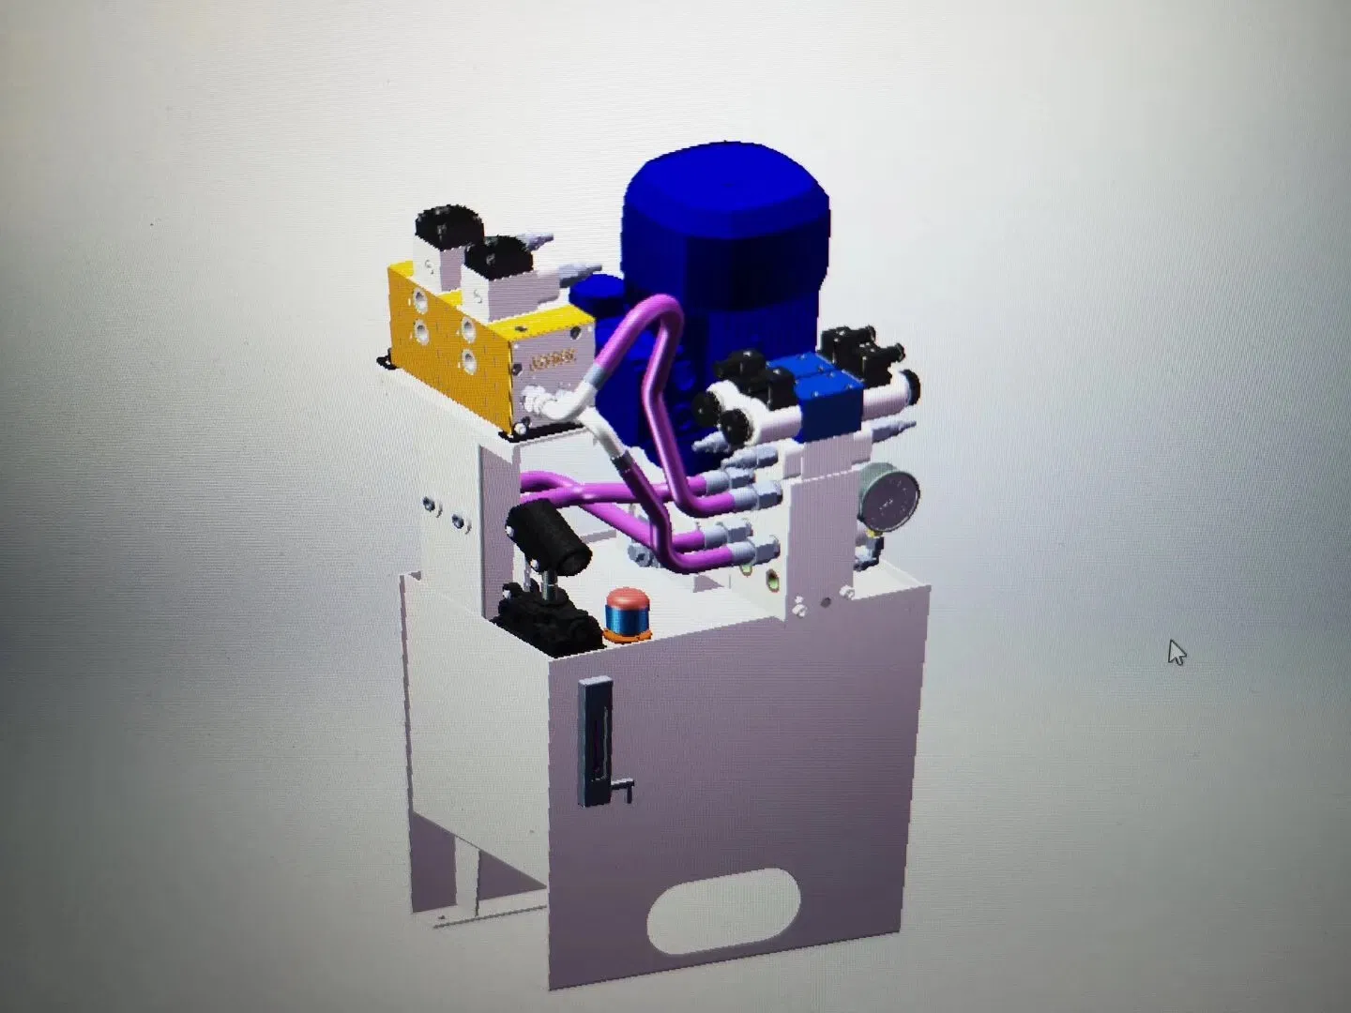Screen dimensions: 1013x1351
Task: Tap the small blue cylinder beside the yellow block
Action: point(591,295)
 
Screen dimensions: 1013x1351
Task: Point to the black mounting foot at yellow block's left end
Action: point(385,360)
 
